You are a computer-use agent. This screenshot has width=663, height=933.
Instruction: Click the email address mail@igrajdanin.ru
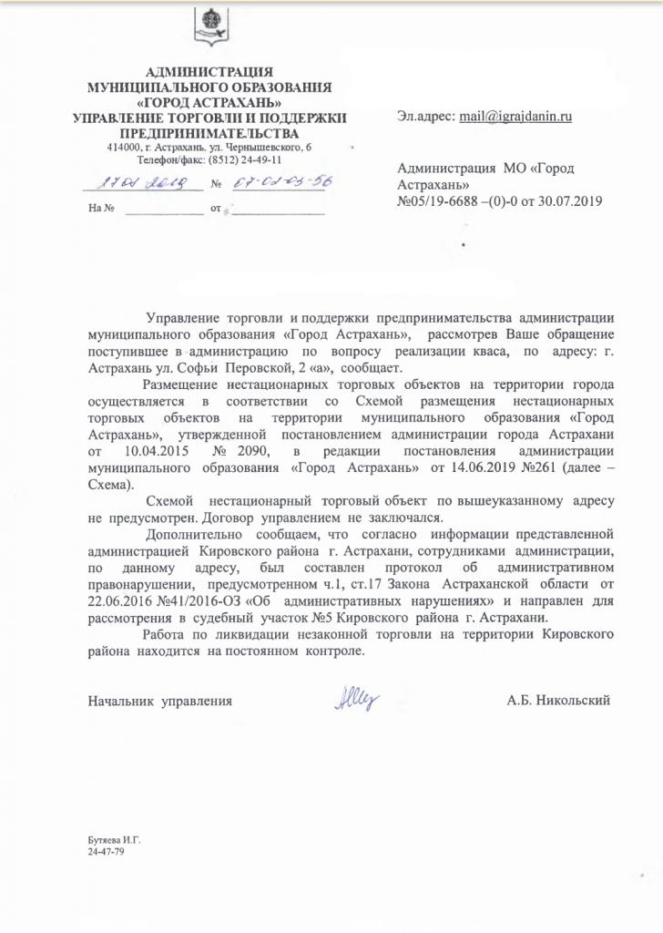point(515,118)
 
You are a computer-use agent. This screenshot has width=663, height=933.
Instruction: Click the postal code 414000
point(124,147)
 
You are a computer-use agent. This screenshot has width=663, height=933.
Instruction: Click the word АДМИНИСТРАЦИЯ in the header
point(209,74)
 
